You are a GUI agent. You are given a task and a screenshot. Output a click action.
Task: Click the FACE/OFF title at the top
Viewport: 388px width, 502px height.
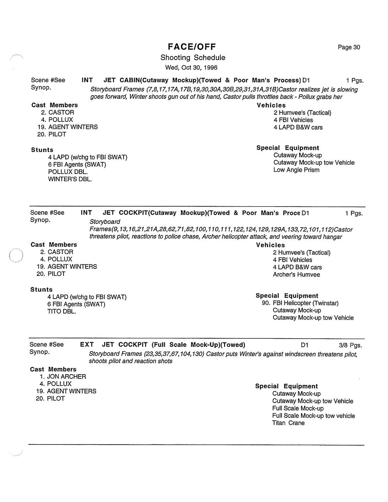coord(192,47)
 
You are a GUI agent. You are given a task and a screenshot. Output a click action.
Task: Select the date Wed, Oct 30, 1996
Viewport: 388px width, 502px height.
coord(191,67)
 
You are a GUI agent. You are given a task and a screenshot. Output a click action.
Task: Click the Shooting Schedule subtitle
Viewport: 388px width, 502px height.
coord(193,58)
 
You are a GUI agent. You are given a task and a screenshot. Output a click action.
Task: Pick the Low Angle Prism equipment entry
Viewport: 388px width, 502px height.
coord(296,170)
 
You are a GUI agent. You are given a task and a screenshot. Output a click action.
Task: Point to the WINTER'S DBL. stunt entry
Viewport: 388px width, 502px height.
coord(70,179)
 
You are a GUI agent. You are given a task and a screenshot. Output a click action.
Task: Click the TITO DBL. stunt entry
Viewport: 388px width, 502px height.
coord(61,312)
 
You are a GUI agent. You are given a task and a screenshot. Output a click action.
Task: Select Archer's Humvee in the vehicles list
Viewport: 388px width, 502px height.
coord(296,275)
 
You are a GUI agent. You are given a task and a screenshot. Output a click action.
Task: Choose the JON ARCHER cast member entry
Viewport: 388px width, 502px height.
coord(66,377)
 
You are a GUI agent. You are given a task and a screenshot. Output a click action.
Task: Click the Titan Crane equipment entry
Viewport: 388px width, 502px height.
coord(288,423)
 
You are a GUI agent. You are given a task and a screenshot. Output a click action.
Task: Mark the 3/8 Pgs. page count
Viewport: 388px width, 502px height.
coord(350,345)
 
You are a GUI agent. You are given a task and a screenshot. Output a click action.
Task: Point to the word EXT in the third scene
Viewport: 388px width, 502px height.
coord(87,345)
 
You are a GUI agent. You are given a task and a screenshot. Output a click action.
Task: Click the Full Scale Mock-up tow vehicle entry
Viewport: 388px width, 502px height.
coord(313,416)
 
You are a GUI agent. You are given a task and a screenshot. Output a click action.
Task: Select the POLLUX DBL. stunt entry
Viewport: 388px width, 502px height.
coord(68,172)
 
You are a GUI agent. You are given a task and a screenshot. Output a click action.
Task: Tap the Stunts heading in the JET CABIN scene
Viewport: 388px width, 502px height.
coord(42,150)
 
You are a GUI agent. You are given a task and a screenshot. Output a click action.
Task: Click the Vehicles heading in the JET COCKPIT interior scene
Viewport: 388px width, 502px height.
coord(270,245)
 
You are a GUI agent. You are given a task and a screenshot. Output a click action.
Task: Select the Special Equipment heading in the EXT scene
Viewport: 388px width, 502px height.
coord(286,386)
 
